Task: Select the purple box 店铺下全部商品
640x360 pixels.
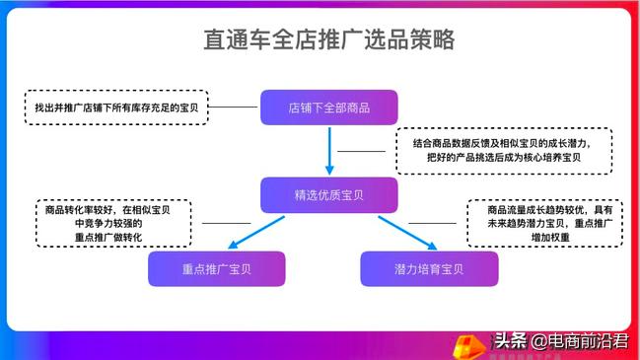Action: click(x=328, y=107)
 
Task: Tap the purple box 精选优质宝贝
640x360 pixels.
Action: click(x=328, y=194)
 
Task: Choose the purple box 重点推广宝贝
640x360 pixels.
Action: click(x=216, y=268)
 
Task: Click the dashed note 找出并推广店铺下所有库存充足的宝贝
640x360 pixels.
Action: click(x=114, y=106)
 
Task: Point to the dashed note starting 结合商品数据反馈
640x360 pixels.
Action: click(x=503, y=150)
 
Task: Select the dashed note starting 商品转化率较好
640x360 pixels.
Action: click(x=111, y=223)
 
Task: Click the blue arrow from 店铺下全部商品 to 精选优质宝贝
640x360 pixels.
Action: click(x=328, y=150)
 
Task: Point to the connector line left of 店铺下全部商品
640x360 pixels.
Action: click(x=234, y=106)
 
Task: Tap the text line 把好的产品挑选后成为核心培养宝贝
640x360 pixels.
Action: click(x=503, y=158)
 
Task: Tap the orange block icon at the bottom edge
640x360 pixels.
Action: click(x=463, y=346)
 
